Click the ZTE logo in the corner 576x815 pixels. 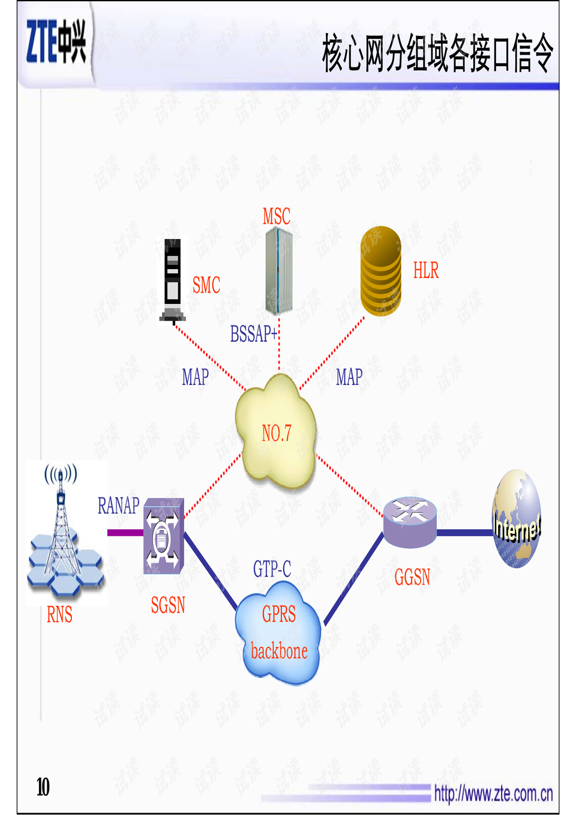56,41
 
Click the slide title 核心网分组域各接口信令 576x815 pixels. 437,53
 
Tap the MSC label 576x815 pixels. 276,216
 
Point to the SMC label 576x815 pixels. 206,285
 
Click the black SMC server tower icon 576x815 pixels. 173,280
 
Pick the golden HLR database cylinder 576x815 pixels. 381,271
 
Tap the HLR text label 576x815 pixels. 425,271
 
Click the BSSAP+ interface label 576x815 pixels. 254,334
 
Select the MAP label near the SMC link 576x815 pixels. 195,377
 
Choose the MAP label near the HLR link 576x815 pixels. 349,377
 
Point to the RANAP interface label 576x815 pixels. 118,506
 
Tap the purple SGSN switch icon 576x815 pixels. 163,535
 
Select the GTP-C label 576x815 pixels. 272,568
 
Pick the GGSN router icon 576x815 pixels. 410,521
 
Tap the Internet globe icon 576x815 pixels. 517,519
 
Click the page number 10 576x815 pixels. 43,787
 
